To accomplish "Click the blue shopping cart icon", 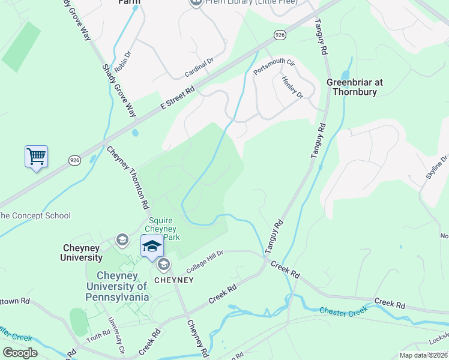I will [x=36, y=157].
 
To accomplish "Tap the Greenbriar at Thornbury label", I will [x=355, y=87].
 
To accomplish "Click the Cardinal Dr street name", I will [x=199, y=68].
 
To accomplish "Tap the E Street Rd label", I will [x=178, y=98].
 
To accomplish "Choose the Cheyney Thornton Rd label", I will [x=128, y=177].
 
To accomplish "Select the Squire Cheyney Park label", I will [x=163, y=229].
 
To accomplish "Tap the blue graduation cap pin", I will [x=152, y=247].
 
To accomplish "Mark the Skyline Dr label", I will [x=437, y=166].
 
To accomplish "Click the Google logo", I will [x=20, y=352].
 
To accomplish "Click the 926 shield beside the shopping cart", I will [x=74, y=160].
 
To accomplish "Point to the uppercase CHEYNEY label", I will [x=174, y=280].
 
